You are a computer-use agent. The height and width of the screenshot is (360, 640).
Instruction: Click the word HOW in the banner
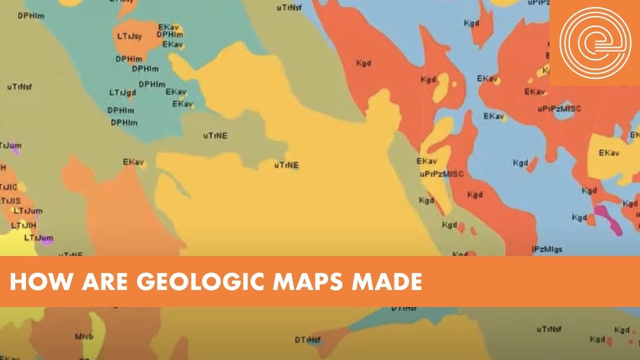(34, 282)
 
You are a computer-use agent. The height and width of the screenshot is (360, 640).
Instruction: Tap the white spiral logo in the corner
(595, 42)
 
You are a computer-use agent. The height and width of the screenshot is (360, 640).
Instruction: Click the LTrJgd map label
(122, 92)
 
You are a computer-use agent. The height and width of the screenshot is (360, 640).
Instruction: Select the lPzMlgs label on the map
(546, 248)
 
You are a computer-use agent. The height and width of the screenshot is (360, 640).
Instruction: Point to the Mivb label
(83, 336)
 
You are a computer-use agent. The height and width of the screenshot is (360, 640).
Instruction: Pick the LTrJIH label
(23, 225)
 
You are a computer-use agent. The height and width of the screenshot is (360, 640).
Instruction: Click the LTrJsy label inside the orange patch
(129, 36)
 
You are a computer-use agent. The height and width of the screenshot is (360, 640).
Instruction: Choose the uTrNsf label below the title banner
(548, 329)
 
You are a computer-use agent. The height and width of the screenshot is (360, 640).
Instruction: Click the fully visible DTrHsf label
(307, 340)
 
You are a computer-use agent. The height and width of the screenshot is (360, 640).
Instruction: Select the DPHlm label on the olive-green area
(31, 15)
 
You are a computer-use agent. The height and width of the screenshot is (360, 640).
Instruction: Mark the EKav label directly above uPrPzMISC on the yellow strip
(426, 161)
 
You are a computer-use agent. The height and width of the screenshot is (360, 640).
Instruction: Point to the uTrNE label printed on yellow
(286, 165)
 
